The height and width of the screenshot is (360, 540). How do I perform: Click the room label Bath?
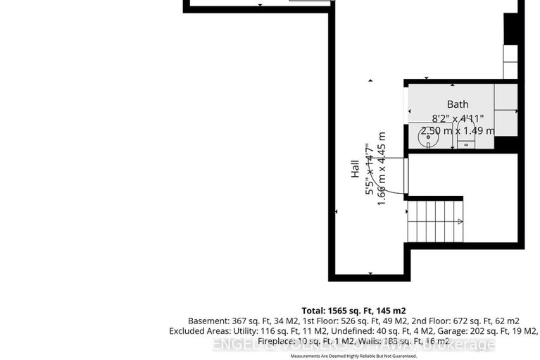pyautogui.click(x=457, y=104)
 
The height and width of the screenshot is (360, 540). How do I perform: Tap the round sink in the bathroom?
pyautogui.click(x=427, y=139)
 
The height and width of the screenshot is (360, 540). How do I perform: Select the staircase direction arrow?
pyautogui.click(x=459, y=221)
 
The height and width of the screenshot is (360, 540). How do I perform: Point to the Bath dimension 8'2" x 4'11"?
pyautogui.click(x=457, y=118)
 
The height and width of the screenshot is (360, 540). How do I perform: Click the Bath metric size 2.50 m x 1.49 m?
pyautogui.click(x=457, y=131)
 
